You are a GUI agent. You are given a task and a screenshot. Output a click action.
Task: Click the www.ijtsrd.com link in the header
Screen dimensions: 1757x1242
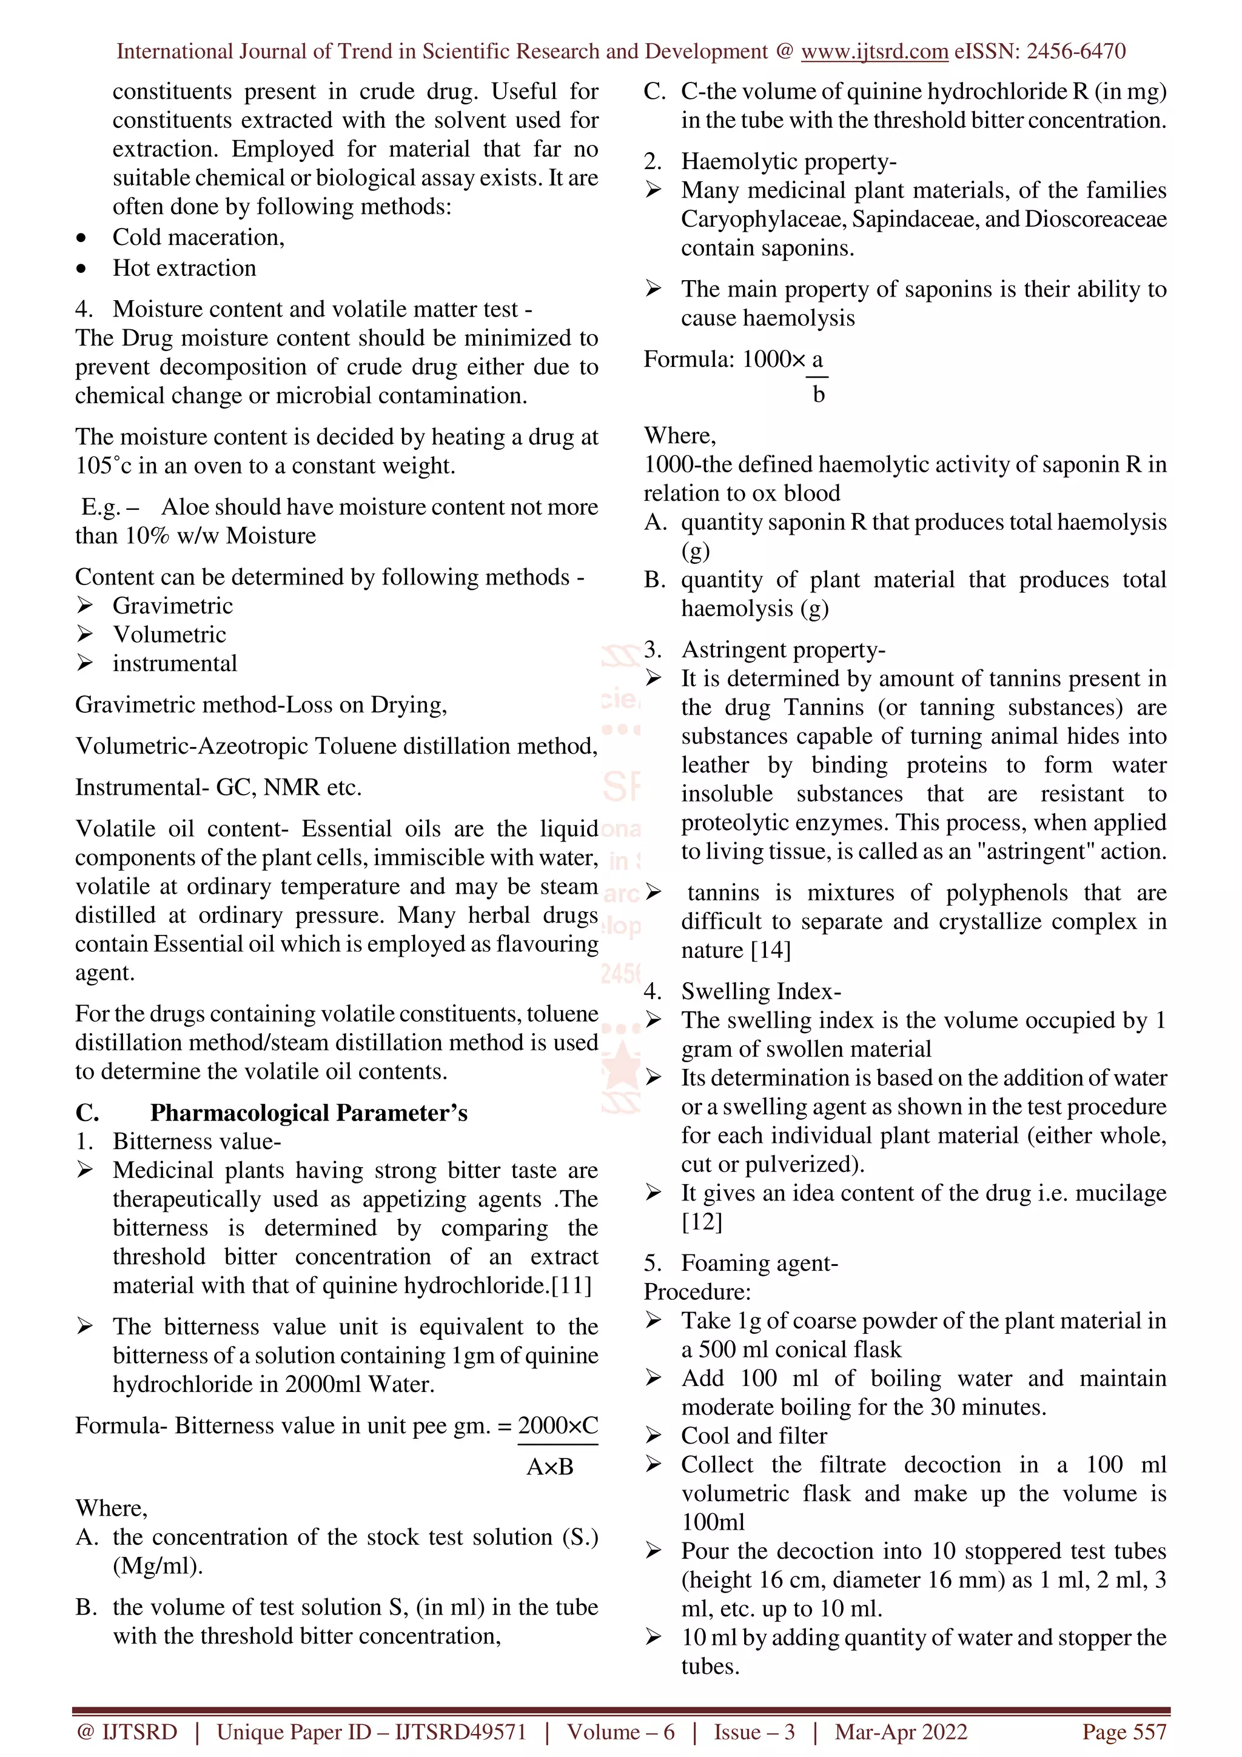874,52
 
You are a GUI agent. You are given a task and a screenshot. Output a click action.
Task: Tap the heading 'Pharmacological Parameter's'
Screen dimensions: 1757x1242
309,1113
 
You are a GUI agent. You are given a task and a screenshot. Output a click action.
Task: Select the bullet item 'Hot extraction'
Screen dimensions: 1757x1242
184,268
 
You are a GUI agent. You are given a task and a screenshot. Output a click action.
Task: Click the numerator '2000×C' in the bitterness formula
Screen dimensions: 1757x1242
557,1425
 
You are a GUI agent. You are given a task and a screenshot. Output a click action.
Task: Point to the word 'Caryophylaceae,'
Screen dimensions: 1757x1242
763,219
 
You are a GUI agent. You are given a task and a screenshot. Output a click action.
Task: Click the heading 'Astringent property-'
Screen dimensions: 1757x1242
783,650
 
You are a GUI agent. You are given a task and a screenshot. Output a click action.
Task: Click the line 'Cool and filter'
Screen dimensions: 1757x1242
754,1436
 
